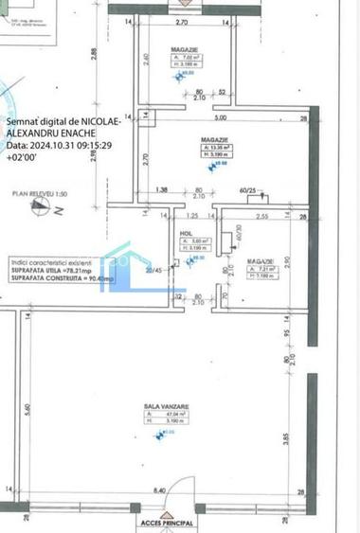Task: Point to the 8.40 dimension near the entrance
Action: click(x=160, y=489)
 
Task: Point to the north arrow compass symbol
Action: click(x=41, y=210)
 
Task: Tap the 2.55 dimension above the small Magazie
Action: click(x=263, y=217)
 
